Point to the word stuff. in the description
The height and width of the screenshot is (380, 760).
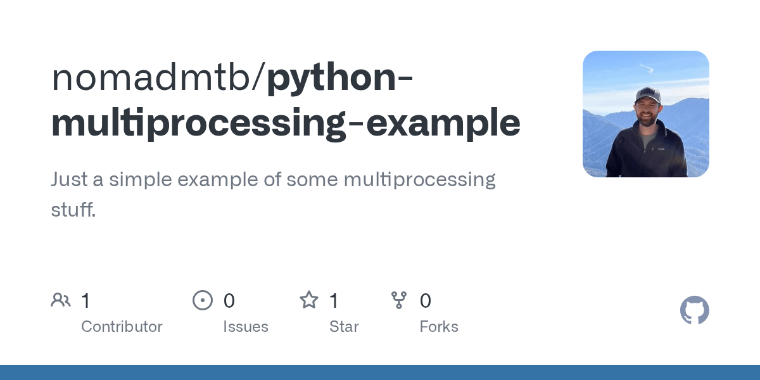coord(73,210)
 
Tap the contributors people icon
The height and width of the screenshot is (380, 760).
coord(61,300)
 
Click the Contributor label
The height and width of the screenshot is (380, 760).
coord(122,327)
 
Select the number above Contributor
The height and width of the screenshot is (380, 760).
coord(86,301)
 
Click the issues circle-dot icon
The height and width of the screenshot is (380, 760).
coord(202,300)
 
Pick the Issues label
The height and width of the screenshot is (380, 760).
coord(245,327)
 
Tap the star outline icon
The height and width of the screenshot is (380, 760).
coord(308,300)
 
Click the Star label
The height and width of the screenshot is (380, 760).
coord(344,327)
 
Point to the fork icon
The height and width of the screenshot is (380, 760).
coord(399,300)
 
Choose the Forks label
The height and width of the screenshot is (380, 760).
coord(439,327)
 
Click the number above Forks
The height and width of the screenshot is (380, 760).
coord(426,301)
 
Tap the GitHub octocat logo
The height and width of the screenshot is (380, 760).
coord(694,310)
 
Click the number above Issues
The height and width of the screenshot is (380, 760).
coord(229,301)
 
